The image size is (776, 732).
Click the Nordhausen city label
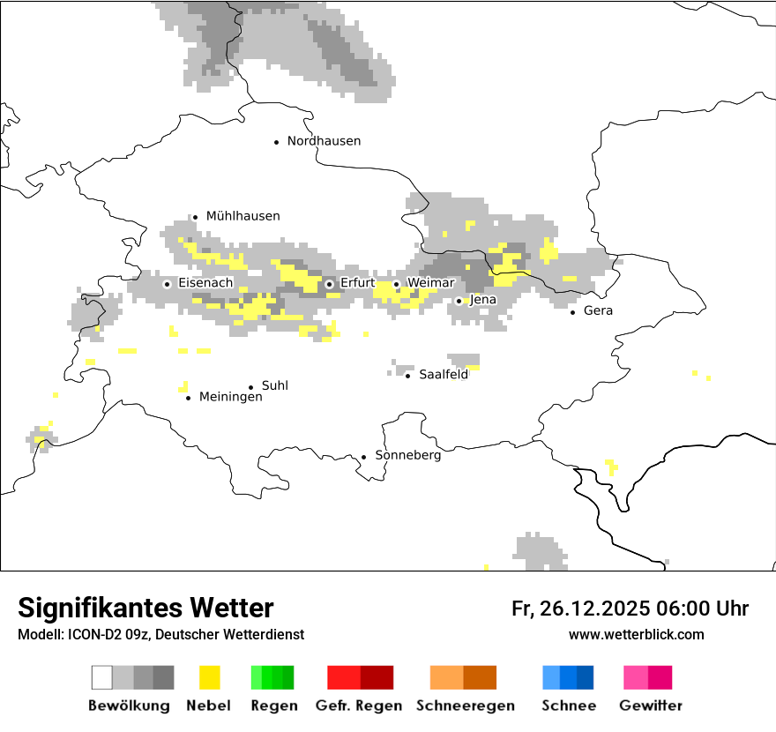coord(324,141)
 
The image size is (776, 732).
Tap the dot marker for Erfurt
coord(329,284)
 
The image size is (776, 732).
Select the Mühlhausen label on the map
coord(242,216)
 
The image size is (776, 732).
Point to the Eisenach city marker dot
coord(167,284)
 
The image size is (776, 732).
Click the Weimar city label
coord(430,283)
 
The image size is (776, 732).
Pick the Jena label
coord(483,300)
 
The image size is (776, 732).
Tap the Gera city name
coord(598,310)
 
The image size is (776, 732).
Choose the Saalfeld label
coord(444,375)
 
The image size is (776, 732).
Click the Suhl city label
coord(275,386)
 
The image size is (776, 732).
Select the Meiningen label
coord(231,398)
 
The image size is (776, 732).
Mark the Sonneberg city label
coord(408,456)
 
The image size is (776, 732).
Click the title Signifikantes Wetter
coord(145,609)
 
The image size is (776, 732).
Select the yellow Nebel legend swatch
coord(209,677)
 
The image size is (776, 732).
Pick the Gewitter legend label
coord(651,706)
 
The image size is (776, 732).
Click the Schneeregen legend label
coord(466,706)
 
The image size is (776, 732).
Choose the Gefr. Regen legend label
coord(359,706)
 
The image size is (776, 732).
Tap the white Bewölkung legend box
coord(102,677)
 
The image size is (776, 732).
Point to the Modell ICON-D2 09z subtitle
coord(160,635)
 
